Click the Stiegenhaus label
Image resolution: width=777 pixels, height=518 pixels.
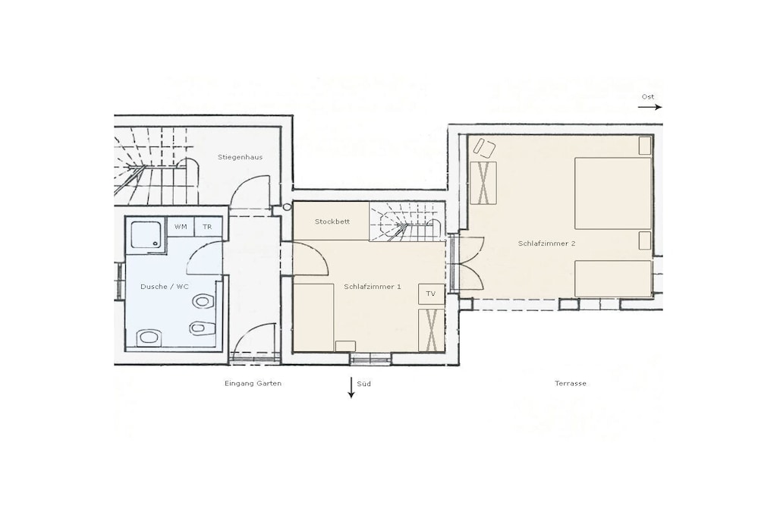click(240, 157)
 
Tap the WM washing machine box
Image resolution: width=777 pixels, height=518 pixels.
click(181, 227)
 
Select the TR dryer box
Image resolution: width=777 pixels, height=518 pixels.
click(207, 227)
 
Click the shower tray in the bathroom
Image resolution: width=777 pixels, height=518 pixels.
click(146, 235)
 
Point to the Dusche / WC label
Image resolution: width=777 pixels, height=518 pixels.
click(165, 287)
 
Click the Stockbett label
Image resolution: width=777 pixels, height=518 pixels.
click(332, 221)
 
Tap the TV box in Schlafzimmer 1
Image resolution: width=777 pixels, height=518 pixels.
click(431, 294)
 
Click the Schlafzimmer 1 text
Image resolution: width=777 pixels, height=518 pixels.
click(372, 286)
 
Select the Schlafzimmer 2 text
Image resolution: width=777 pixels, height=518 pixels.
click(546, 243)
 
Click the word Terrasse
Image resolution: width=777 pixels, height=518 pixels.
click(571, 383)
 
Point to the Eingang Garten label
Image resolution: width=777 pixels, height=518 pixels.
click(253, 383)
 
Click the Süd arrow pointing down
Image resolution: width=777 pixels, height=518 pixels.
click(351, 388)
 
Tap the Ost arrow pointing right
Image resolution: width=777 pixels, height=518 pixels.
click(650, 107)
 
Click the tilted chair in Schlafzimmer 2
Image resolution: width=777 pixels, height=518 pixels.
click(484, 148)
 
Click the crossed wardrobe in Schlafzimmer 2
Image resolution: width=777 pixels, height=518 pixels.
click(483, 183)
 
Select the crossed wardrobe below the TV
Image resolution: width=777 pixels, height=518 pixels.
click(431, 330)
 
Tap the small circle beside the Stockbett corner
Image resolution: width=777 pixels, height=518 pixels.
click(287, 208)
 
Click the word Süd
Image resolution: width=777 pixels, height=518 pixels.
click(363, 383)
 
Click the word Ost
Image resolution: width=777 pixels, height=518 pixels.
click(648, 96)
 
